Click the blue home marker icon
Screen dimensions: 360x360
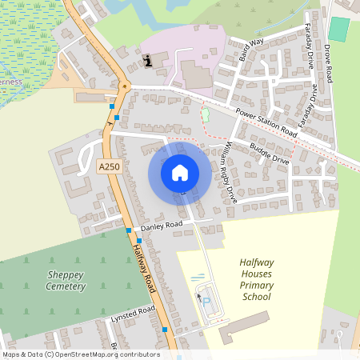pos(180,172)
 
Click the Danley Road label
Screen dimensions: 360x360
pos(162,227)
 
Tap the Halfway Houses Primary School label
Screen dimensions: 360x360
pos(257,279)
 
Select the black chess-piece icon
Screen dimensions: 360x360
pos(147,60)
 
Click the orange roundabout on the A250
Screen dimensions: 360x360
pos(124,85)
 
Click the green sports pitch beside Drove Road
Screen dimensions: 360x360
pos(339,30)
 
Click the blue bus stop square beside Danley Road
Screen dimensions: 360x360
pos(128,230)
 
